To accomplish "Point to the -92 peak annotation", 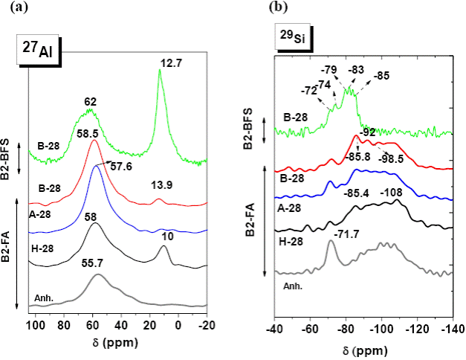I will click(x=367, y=132).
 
